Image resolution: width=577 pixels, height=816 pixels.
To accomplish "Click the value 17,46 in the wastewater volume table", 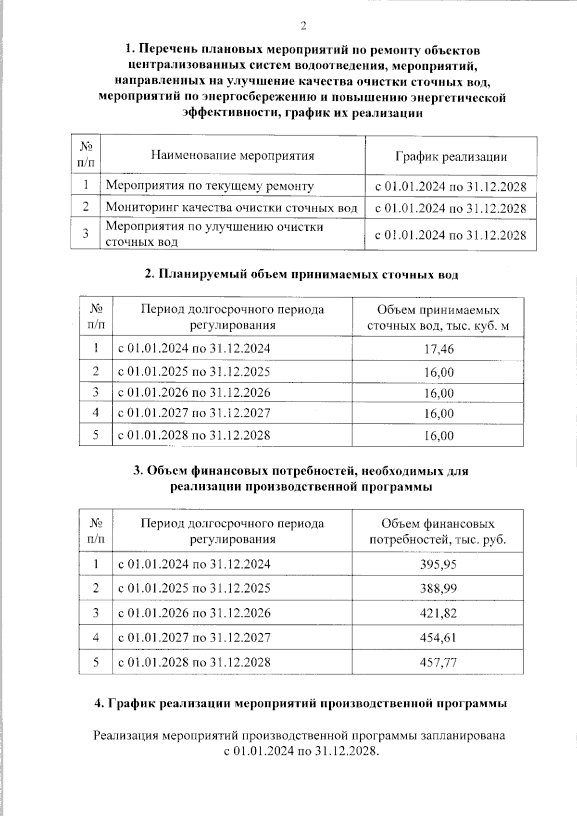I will (439, 349).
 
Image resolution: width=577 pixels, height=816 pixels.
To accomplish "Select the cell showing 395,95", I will (438, 564).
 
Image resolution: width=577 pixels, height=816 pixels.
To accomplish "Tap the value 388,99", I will (438, 589).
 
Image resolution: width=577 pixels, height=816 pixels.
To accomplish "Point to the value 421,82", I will (438, 613).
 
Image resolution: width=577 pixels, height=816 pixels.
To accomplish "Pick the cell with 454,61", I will (438, 638).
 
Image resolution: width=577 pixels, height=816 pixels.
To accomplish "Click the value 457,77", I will (438, 662).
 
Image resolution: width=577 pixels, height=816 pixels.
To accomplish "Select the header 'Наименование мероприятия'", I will (233, 155).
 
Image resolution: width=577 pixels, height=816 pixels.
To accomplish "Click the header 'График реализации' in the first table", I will (451, 157).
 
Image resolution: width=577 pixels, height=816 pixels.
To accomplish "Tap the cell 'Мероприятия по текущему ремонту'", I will (210, 186).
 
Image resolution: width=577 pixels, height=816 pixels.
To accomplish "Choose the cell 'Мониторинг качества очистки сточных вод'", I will (231, 207).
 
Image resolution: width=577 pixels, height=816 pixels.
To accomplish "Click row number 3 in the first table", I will (86, 234).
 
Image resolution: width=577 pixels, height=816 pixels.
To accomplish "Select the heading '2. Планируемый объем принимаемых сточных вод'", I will (301, 275).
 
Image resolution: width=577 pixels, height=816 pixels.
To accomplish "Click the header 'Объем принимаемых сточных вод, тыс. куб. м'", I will (438, 318).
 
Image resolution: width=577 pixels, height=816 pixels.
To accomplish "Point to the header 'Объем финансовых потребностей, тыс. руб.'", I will (438, 531).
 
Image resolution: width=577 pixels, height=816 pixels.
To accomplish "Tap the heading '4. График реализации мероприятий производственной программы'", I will (301, 703).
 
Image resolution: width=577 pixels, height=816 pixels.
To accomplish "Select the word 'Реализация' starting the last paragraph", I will (126, 736).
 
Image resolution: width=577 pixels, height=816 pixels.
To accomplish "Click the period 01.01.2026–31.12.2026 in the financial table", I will (194, 613).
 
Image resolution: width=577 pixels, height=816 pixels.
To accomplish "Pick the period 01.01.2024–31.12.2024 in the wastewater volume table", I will (194, 348).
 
